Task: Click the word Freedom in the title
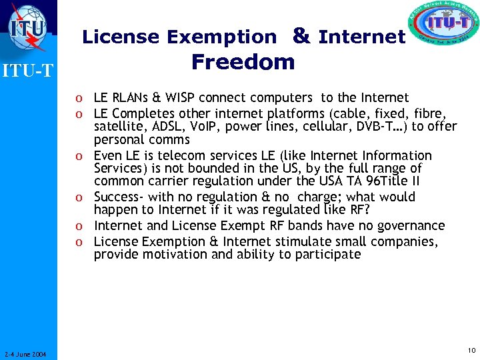pos(243,62)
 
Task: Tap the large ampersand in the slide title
pos(301,36)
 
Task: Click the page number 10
pos(471,351)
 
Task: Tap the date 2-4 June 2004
pos(24,354)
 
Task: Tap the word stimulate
pos(315,241)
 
